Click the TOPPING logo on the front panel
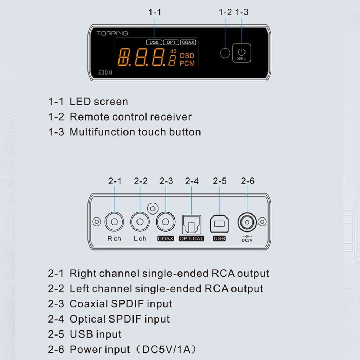coord(112,33)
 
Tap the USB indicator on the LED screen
coord(154,42)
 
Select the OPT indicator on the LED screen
coord(171,42)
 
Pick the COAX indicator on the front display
coord(188,42)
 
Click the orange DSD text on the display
coord(187,55)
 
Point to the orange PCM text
coord(187,63)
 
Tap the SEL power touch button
coord(242,53)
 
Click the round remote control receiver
coord(225,53)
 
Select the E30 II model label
coord(105,72)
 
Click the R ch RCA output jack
coord(114,221)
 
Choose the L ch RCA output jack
coord(140,221)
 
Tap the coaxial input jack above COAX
coord(166,221)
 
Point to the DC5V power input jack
coord(247,222)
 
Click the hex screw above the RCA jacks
coord(153,208)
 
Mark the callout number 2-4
coord(192,181)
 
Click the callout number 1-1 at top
coord(155,12)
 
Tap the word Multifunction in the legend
coord(102,132)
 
